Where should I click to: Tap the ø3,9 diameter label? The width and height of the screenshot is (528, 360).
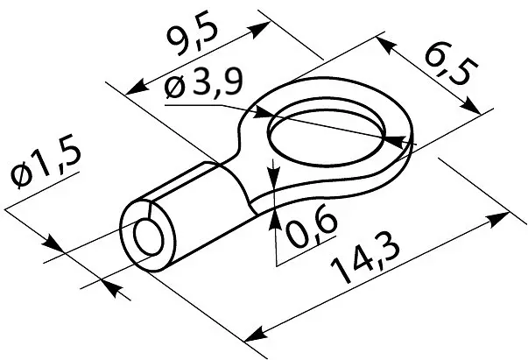[203, 85]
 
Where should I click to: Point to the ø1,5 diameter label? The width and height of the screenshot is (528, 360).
[46, 163]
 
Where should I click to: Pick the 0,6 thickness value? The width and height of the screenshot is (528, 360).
[310, 225]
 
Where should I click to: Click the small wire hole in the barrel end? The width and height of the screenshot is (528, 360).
[149, 237]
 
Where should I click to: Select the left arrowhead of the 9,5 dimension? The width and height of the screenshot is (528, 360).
[136, 89]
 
